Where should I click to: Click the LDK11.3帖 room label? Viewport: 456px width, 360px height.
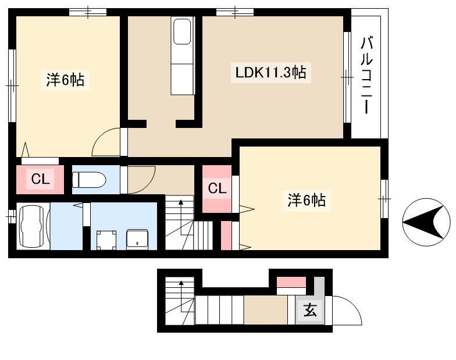click(x=270, y=72)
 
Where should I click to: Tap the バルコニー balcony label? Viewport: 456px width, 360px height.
click(x=366, y=75)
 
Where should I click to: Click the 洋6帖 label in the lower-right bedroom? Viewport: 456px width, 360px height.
click(x=307, y=200)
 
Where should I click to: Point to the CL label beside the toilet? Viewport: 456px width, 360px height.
click(x=41, y=179)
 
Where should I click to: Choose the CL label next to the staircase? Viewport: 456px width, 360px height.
click(x=217, y=188)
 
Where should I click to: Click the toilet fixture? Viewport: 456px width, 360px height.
click(x=88, y=180)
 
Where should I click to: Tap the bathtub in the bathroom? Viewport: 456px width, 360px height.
click(x=31, y=226)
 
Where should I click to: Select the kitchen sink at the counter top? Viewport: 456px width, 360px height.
click(x=183, y=31)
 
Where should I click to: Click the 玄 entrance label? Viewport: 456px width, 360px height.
click(x=310, y=310)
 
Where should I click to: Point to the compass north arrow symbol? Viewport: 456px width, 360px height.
click(x=426, y=222)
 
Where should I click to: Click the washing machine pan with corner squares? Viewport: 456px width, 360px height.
click(x=106, y=240)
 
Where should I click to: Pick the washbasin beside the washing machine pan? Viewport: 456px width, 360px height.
click(x=137, y=240)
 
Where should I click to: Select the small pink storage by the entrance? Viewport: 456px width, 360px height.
click(x=291, y=282)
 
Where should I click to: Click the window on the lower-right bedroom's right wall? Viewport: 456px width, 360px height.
click(x=384, y=199)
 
